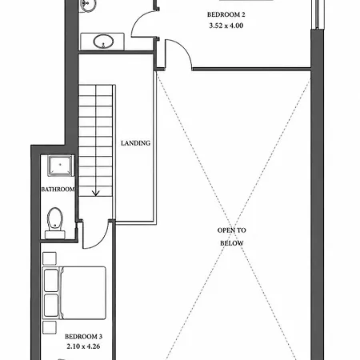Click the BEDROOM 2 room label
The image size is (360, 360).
coord(226,14)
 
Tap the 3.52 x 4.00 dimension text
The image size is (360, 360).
coord(226,26)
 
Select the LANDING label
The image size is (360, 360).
coord(135,143)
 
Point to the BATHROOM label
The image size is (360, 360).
coord(58,190)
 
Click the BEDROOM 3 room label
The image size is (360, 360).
coord(83,337)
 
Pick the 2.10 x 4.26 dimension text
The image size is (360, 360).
coord(83,346)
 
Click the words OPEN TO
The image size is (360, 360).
coord(231,230)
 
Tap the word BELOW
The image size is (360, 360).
coord(231,243)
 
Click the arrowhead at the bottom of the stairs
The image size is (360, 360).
coord(95,194)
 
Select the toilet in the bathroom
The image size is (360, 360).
coord(55,223)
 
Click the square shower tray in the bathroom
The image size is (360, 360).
coord(60,166)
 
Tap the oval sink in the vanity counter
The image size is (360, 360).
coord(103,42)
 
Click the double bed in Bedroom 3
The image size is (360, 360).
coord(74,293)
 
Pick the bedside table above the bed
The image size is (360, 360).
coord(50,258)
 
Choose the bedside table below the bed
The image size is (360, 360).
coord(50,327)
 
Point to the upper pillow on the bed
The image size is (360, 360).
coord(51,281)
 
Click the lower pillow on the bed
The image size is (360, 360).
coord(51,306)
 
